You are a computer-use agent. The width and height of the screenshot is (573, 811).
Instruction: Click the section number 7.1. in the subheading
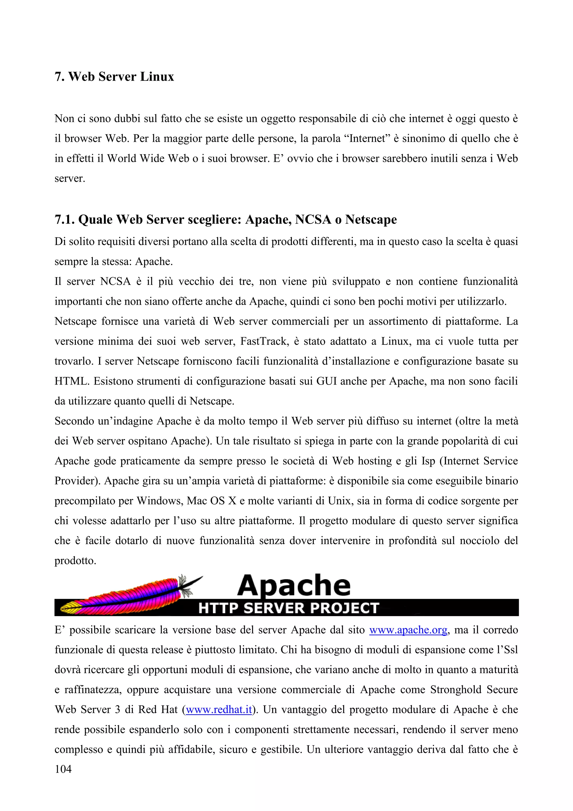coord(65,220)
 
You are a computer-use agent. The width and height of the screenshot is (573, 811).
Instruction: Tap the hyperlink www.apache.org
coord(408,630)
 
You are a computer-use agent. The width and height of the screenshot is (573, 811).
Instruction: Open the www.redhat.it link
coord(219,710)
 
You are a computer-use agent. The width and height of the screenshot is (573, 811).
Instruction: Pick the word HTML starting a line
coord(71,381)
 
